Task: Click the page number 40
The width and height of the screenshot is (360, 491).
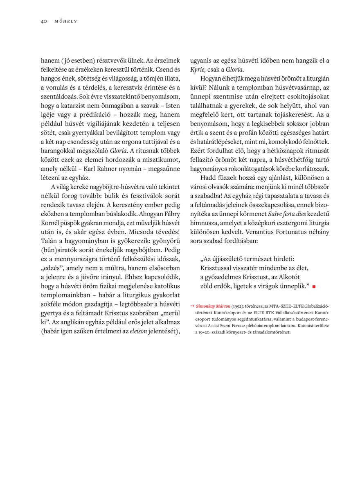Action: [x=44, y=21]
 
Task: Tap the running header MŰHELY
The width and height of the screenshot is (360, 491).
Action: [x=66, y=21]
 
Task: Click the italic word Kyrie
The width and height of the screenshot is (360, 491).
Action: [x=198, y=70]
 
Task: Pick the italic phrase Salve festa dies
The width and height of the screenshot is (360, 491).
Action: [x=292, y=214]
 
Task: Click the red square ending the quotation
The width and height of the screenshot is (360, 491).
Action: [x=314, y=286]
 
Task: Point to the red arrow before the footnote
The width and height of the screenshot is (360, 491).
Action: [x=192, y=306]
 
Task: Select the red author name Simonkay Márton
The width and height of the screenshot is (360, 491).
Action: [x=213, y=306]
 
